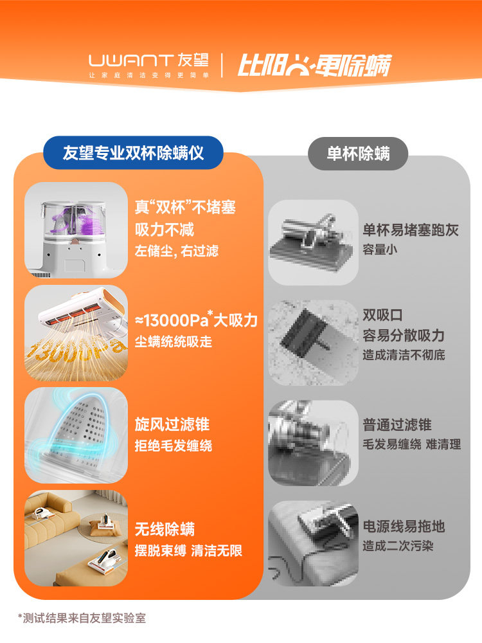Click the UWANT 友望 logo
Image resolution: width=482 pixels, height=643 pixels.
[148, 64]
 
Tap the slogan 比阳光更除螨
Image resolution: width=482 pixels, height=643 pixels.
[314, 65]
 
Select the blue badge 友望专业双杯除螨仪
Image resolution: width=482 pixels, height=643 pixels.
[133, 153]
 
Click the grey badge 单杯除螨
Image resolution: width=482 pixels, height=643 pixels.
[358, 154]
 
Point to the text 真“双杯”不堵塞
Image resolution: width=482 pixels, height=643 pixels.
[185, 207]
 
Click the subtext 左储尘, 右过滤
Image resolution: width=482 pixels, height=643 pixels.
[177, 251]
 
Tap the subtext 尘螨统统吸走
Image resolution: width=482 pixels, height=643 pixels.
[174, 341]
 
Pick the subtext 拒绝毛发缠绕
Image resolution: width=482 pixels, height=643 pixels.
[174, 446]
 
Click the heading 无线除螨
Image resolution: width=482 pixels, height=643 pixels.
[165, 530]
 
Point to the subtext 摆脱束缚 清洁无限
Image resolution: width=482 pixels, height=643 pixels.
[188, 551]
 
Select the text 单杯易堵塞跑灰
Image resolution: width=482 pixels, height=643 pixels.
[411, 230]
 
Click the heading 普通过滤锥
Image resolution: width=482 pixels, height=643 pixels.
[397, 424]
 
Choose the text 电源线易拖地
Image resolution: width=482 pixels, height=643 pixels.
[404, 527]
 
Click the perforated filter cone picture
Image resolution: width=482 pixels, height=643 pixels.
[76, 435]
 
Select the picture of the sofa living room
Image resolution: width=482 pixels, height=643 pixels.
[76, 538]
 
